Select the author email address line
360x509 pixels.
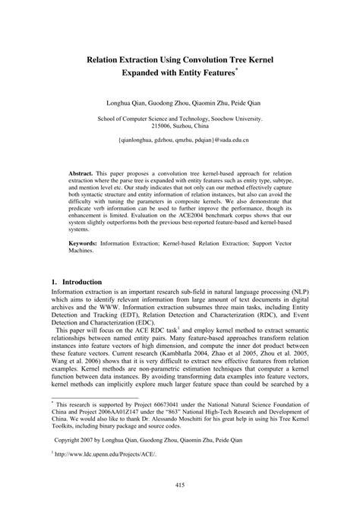[179, 141]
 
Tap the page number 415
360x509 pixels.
[180, 486]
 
